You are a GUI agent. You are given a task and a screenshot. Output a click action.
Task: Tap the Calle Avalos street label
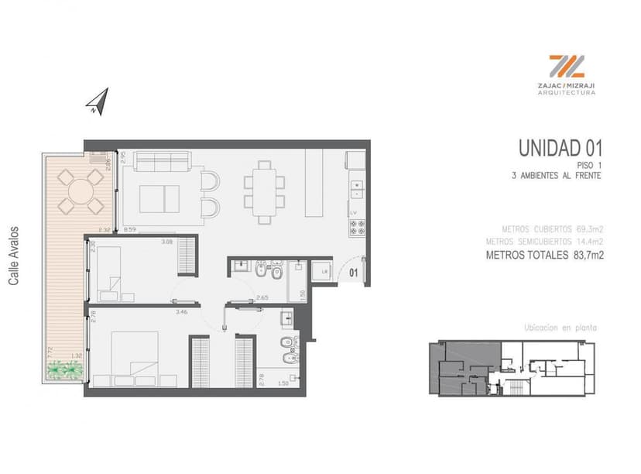pyautogui.click(x=13, y=256)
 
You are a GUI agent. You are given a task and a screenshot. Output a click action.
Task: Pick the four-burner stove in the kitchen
pyautogui.click(x=358, y=228)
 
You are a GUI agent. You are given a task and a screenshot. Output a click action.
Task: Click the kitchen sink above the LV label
pyautogui.click(x=357, y=186)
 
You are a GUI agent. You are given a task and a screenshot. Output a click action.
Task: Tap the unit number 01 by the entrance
pyautogui.click(x=352, y=273)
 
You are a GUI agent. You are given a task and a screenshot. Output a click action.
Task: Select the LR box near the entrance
pyautogui.click(x=324, y=271)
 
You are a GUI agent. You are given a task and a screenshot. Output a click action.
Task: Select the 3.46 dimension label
pyautogui.click(x=182, y=311)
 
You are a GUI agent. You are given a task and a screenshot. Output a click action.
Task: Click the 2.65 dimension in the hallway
pyautogui.click(x=262, y=297)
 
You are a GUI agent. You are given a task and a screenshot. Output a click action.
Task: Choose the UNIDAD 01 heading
pyautogui.click(x=560, y=147)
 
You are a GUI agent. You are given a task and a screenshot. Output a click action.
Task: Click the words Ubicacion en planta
pyautogui.click(x=560, y=328)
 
